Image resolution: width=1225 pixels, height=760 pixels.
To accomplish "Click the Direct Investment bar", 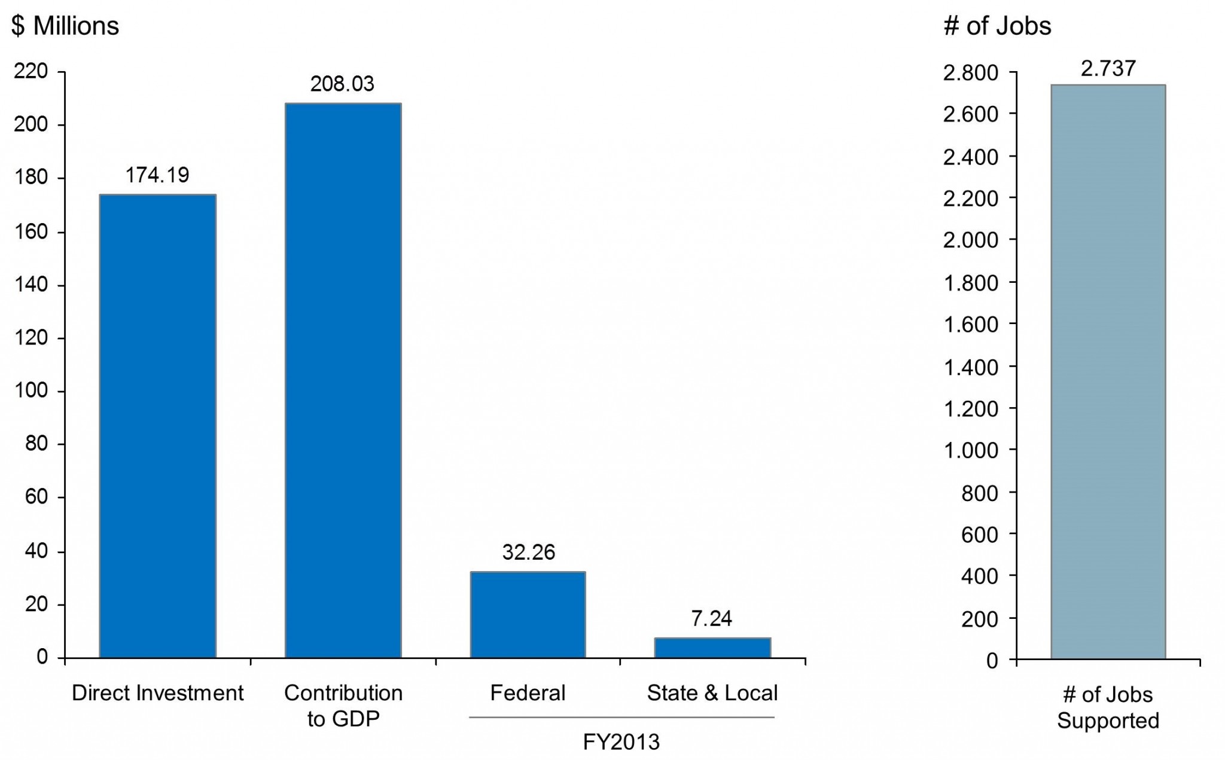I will point(157,426).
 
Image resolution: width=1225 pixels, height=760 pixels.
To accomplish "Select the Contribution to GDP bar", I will point(343,380).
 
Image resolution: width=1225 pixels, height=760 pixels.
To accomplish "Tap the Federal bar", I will point(528,615).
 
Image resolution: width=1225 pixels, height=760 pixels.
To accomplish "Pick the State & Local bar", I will point(712,648).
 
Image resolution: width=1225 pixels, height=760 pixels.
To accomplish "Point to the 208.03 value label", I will point(342,84).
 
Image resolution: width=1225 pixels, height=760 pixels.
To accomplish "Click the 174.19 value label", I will point(157,175).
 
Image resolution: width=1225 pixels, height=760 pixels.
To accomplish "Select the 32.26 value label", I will point(529,552).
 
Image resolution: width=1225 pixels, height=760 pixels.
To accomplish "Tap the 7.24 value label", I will point(712,618).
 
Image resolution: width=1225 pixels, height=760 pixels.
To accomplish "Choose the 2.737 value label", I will point(1108,69).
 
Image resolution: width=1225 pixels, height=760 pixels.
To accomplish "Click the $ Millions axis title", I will point(65,26).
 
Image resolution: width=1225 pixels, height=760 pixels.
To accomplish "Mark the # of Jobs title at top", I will point(997,26).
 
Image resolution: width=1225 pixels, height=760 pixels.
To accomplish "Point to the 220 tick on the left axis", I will point(31,71).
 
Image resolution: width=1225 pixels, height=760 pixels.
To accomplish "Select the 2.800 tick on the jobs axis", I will point(970,72).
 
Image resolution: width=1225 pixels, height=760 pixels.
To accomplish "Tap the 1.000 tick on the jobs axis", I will point(970,450).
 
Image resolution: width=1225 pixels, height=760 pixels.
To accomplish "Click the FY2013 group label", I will point(621,742).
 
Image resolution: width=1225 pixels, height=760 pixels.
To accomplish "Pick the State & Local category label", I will point(712,693).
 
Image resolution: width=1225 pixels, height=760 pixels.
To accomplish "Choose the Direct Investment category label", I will point(158,693).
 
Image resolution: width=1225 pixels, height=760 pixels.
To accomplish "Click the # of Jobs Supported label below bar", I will point(1108,707).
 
